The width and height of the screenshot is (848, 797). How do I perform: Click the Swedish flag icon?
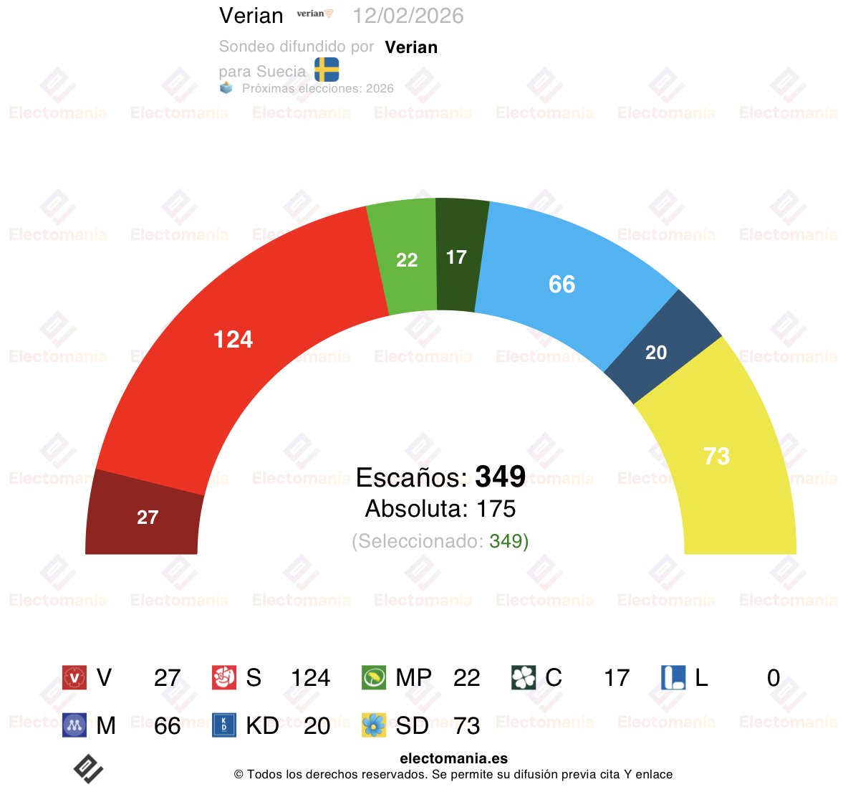(327, 70)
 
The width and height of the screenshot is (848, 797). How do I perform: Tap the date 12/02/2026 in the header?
(408, 16)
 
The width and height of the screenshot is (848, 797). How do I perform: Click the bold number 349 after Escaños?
(500, 477)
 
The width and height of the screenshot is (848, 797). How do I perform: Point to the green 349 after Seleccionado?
(506, 541)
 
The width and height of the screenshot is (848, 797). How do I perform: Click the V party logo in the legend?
(74, 677)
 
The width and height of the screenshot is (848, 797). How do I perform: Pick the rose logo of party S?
(224, 677)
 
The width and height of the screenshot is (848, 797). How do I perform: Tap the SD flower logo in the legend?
(374, 725)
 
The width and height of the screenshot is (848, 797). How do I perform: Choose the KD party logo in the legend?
(224, 725)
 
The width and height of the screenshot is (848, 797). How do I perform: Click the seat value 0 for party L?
(773, 678)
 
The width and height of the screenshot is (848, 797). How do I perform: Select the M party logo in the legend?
(74, 725)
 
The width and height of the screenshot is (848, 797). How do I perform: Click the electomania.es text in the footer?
(453, 758)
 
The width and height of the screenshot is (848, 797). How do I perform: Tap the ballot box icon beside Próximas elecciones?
(226, 88)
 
